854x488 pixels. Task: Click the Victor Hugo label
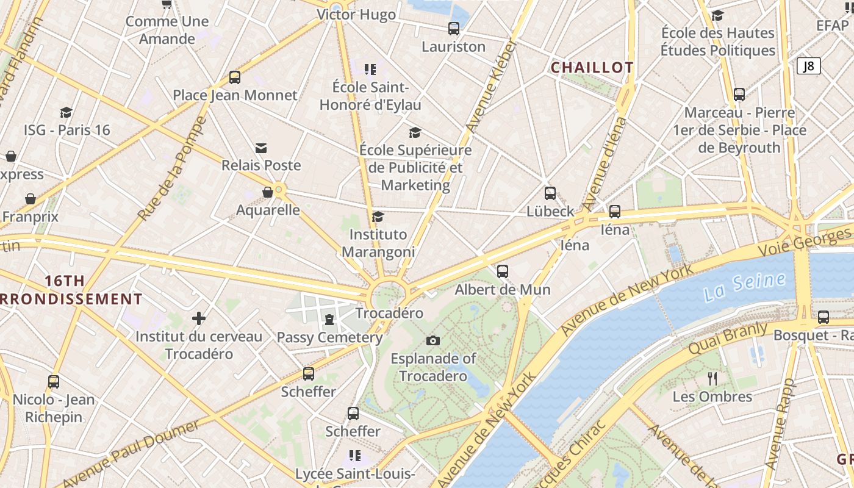356,15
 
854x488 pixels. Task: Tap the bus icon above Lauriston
453,28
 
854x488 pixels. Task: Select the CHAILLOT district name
592,68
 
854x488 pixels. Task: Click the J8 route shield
808,66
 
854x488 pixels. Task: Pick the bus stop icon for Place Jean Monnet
235,77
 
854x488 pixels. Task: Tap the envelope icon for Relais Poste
261,148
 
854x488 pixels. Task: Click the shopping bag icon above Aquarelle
267,193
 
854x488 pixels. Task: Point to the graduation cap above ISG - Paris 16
66,113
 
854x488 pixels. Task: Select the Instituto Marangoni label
378,243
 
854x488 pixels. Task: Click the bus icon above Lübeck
550,193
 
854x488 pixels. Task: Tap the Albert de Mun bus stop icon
503,271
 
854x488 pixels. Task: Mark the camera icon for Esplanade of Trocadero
432,340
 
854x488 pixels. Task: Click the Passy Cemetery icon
329,320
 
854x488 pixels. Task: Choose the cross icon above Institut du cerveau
198,318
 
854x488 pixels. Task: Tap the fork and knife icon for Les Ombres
712,379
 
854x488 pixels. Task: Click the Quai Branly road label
727,339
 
